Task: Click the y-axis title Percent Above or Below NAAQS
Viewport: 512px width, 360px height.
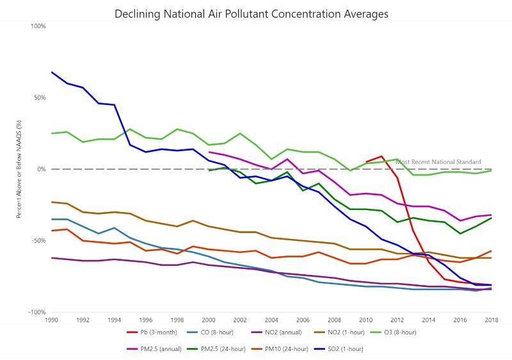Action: [x=19, y=169]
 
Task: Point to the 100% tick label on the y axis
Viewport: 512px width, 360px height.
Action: [x=38, y=26]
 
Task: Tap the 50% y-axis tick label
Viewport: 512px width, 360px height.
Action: [x=39, y=98]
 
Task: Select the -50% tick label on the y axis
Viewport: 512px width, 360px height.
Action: [x=38, y=241]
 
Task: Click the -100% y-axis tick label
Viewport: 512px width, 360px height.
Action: [x=36, y=313]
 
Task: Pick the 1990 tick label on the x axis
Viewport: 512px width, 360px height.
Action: [x=51, y=320]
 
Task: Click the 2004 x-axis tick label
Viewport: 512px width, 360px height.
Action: [x=271, y=320]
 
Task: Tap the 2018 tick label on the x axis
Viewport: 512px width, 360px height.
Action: [x=491, y=320]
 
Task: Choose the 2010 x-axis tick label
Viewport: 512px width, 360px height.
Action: [x=365, y=320]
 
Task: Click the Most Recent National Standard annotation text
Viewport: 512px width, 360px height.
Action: [x=438, y=162]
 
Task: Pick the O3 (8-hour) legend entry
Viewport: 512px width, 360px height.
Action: [x=396, y=332]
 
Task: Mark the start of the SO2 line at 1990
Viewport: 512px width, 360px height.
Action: [x=52, y=72]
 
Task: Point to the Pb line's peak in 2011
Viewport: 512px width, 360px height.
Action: [x=381, y=156]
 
